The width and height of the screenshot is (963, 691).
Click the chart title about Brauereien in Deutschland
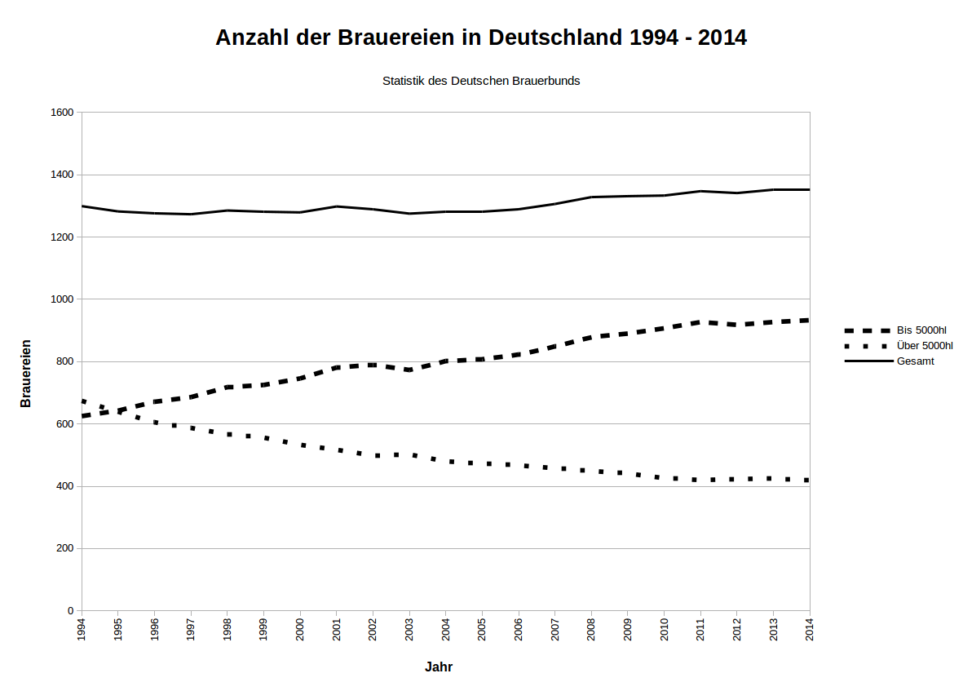480,38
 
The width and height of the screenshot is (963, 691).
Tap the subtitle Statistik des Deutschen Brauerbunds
481,81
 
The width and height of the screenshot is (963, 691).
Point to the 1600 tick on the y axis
62,113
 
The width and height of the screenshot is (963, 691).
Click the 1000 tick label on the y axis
62,299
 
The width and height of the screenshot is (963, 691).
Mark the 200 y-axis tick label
64,548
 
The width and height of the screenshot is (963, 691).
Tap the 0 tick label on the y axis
71,610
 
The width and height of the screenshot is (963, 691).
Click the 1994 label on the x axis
82,630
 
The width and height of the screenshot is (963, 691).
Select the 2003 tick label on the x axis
409,630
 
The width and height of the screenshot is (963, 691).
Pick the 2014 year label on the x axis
810,630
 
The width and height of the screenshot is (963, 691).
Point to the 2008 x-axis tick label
591,630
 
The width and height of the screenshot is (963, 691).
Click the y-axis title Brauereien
26,373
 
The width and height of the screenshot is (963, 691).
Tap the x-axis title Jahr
439,667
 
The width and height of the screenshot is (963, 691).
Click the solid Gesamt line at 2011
700,191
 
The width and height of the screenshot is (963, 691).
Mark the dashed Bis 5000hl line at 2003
409,370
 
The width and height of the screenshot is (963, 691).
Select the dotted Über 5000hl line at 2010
664,477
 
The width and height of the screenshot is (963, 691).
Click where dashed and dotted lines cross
112,411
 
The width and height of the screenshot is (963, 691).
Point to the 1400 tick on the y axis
62,175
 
